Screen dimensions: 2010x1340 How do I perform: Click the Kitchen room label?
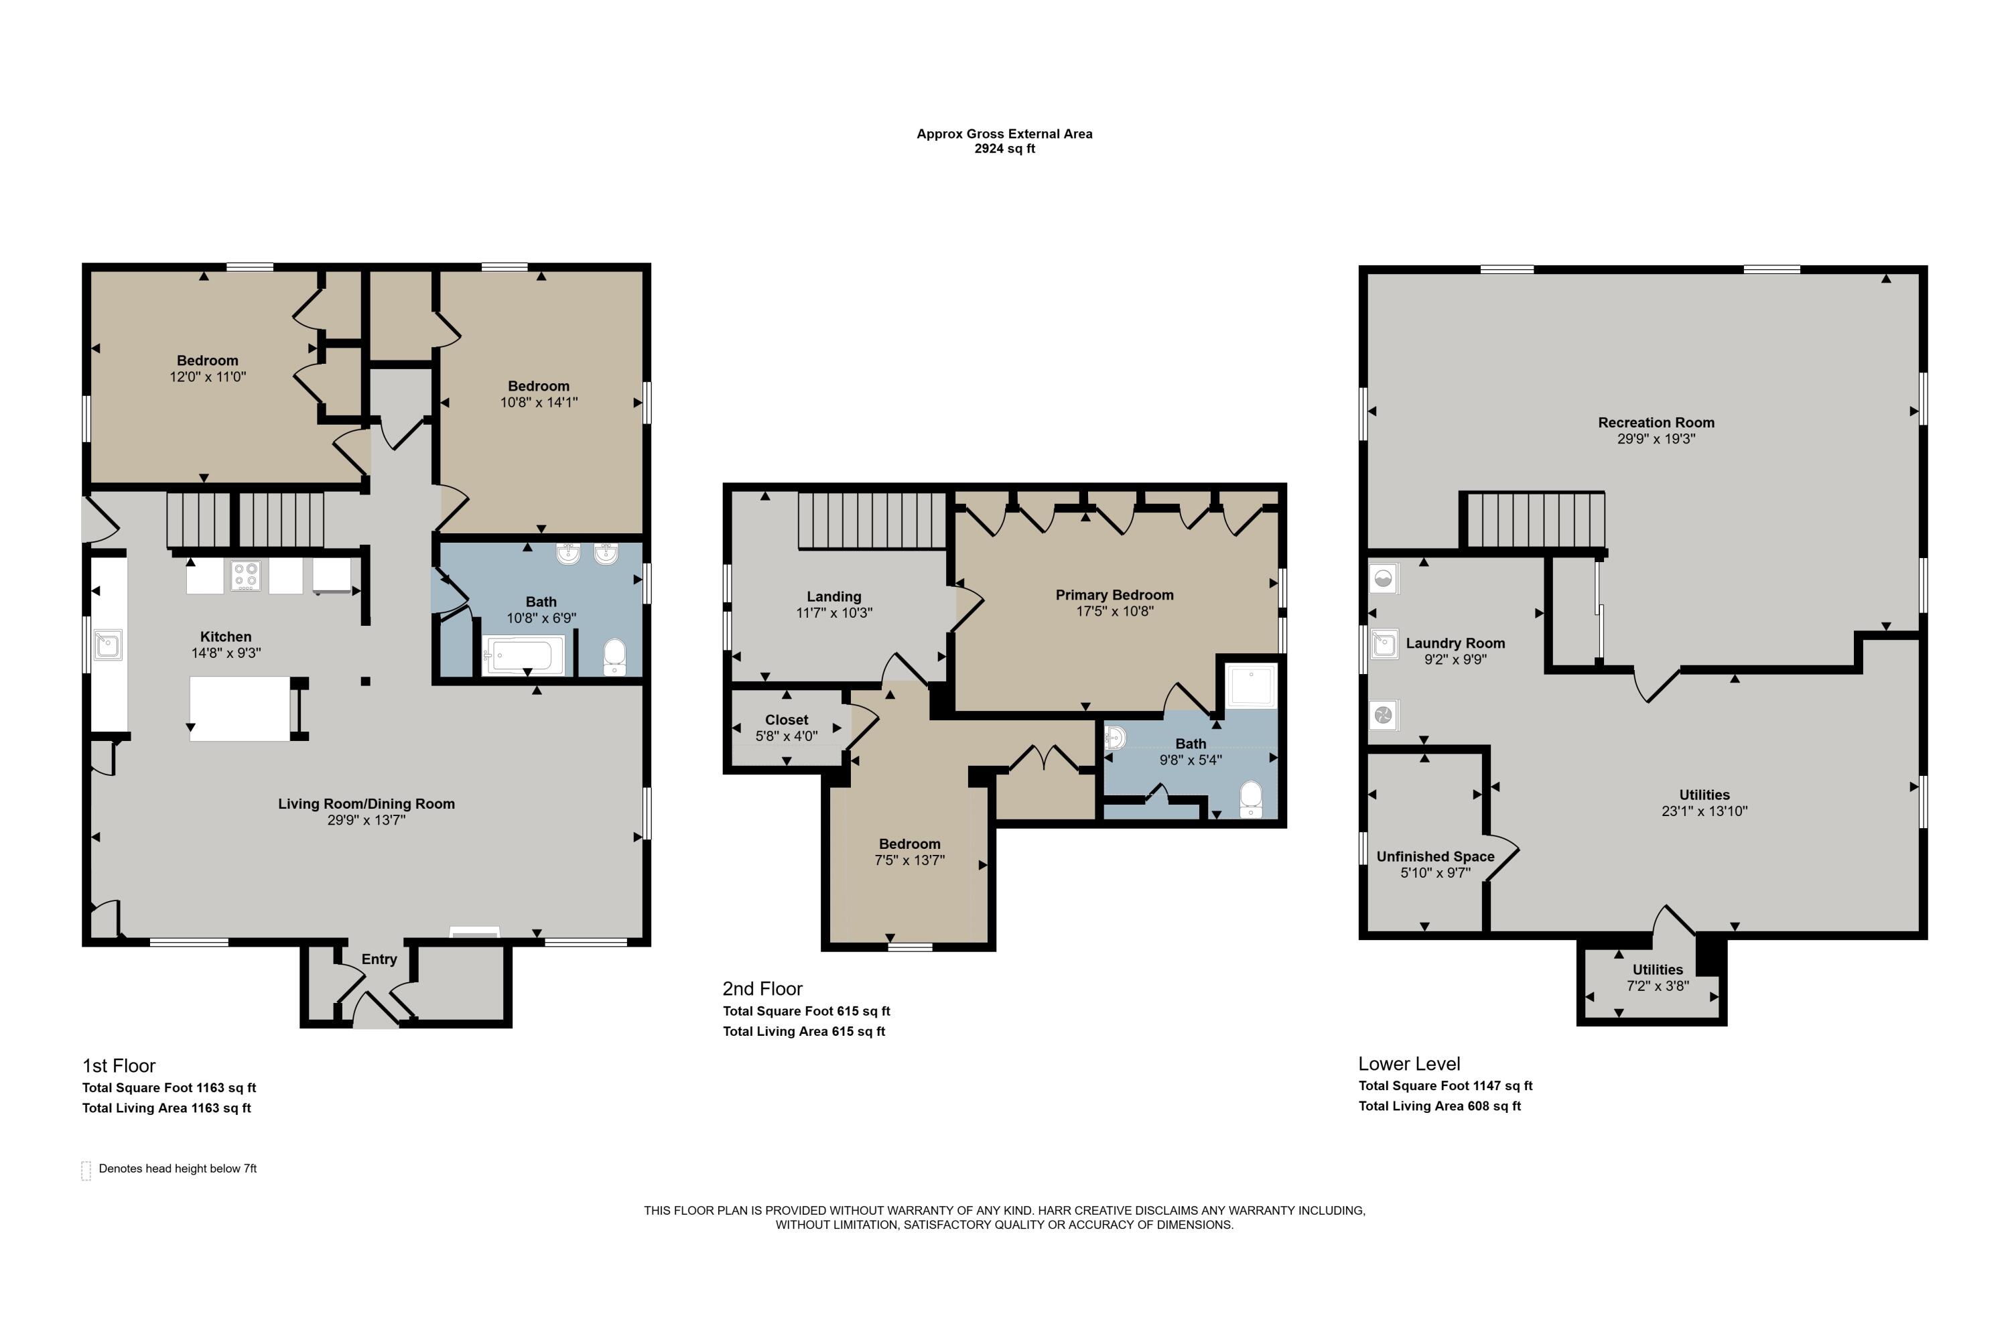tap(226, 636)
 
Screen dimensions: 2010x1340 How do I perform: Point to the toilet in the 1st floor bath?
tap(614, 657)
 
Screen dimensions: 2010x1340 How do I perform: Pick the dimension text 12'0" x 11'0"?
tap(208, 377)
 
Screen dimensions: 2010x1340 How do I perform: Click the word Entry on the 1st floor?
tap(379, 959)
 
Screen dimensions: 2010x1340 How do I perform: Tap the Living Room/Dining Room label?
tap(366, 803)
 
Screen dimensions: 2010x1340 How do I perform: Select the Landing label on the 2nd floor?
tap(834, 596)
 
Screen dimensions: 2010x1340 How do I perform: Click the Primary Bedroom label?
tap(1114, 595)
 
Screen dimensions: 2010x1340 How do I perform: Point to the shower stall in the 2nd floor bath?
tap(1251, 685)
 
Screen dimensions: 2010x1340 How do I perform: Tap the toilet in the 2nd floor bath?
tap(1250, 799)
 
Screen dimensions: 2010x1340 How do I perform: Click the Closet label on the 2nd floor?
tap(786, 720)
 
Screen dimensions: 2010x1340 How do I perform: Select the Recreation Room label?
tap(1656, 422)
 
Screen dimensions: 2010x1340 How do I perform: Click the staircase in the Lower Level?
tap(1535, 521)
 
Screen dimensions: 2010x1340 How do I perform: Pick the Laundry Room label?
tap(1455, 643)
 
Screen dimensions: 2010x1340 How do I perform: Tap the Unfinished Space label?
tap(1436, 856)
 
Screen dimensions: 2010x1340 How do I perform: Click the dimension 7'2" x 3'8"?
tap(1658, 986)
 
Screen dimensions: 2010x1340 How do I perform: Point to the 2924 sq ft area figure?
tap(1005, 149)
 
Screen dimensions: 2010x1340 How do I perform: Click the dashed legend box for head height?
tap(86, 1170)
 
